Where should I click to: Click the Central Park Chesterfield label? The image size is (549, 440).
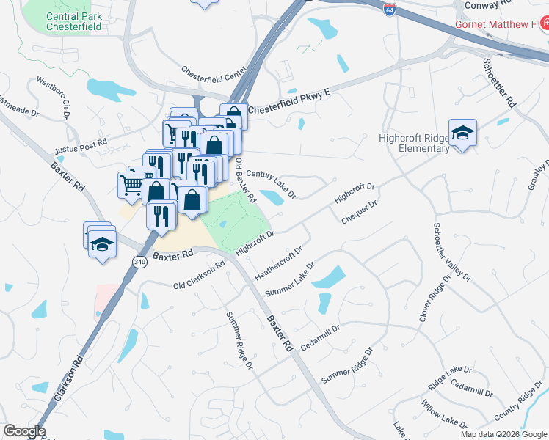point(73,21)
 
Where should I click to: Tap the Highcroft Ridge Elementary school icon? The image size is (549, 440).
point(462,133)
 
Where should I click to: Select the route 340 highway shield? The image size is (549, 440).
point(139,260)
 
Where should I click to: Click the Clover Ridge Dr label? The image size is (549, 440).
point(433,299)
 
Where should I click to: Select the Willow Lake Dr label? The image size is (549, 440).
point(443,414)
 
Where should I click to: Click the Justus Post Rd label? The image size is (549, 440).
point(81,146)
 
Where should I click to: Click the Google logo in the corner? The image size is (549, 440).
point(23,431)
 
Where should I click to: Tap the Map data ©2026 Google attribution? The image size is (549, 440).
point(504,434)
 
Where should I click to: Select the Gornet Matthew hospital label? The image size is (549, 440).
point(495,24)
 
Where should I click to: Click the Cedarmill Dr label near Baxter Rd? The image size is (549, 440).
point(320,340)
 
